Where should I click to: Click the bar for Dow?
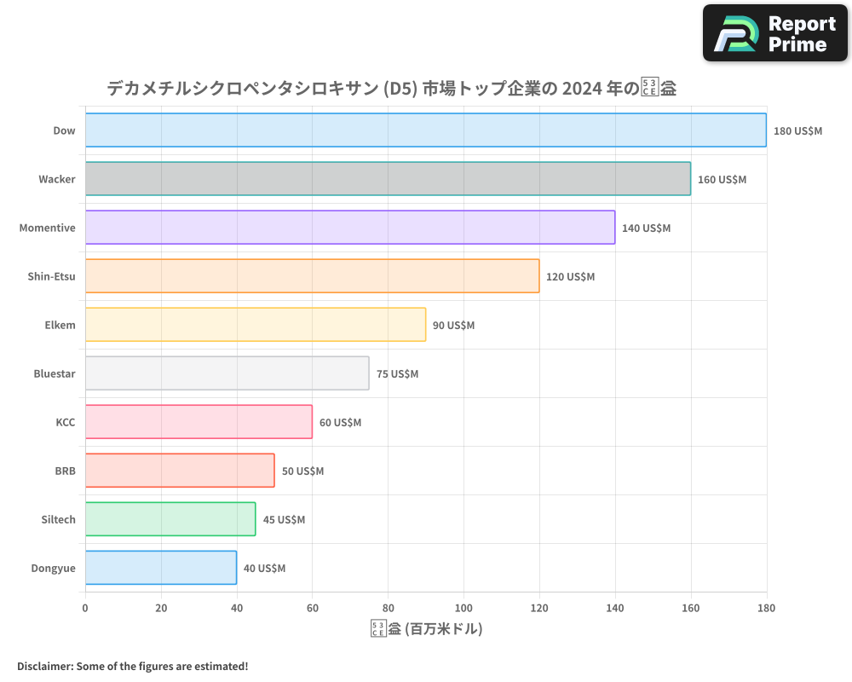click(x=426, y=130)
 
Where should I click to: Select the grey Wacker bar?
click(x=388, y=179)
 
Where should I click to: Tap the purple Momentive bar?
click(x=350, y=228)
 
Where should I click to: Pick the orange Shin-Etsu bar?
click(x=312, y=276)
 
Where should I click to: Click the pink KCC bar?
click(x=199, y=422)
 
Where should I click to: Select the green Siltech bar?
click(x=170, y=519)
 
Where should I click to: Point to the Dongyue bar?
click(x=161, y=568)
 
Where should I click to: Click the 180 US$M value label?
click(x=797, y=131)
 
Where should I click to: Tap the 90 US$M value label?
click(x=453, y=326)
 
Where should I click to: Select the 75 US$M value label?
click(x=397, y=374)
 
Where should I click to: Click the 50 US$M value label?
click(x=302, y=471)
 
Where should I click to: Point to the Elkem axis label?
click(x=60, y=325)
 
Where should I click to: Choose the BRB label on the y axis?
click(x=65, y=471)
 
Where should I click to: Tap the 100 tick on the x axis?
click(x=463, y=608)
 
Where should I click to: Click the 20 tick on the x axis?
click(x=161, y=608)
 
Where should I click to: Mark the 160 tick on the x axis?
click(x=691, y=608)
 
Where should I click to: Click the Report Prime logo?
click(x=775, y=33)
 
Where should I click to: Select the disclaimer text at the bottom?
click(x=132, y=666)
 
